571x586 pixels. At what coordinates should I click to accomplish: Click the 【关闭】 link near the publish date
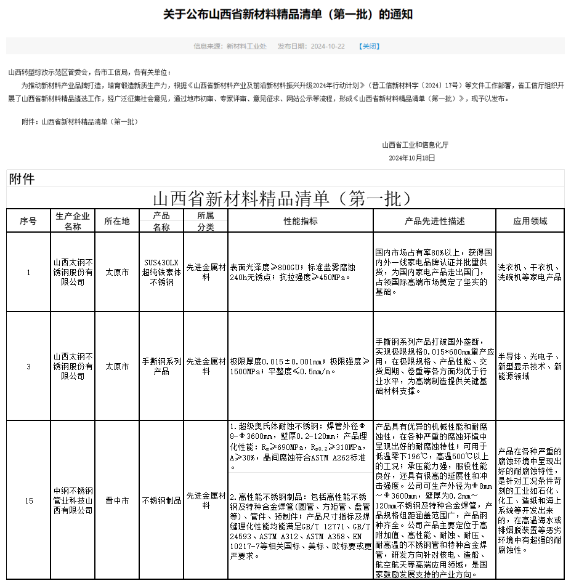(x=370, y=46)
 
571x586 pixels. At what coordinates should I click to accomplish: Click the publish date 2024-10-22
(x=328, y=46)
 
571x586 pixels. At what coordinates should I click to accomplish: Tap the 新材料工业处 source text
(x=246, y=46)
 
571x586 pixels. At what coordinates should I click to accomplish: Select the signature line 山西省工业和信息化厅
(x=415, y=145)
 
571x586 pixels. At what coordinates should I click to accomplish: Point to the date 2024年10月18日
(x=411, y=158)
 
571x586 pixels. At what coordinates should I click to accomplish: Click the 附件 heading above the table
(x=22, y=179)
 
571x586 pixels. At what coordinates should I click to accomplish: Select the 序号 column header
(x=28, y=221)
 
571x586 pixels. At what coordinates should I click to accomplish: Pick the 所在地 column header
(x=117, y=221)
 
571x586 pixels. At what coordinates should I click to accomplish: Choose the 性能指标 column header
(x=301, y=221)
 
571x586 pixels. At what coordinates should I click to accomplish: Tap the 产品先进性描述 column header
(x=434, y=221)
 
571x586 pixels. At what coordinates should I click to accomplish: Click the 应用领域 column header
(x=530, y=221)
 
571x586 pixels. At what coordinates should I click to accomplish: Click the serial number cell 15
(x=28, y=500)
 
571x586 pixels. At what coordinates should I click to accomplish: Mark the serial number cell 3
(x=28, y=366)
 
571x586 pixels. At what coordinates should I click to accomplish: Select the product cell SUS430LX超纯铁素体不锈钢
(x=161, y=272)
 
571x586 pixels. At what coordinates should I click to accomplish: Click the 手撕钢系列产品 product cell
(x=161, y=366)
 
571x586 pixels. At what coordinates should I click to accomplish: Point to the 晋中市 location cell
(x=117, y=500)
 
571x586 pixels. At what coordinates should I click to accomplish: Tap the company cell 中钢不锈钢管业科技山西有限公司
(x=73, y=500)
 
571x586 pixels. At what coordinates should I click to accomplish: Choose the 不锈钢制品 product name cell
(x=161, y=500)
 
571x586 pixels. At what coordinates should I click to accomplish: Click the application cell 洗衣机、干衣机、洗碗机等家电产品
(x=530, y=272)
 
